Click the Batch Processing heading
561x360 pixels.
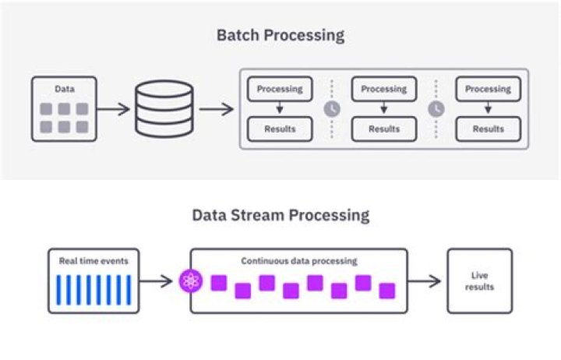coord(280,35)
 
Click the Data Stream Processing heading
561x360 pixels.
coord(280,214)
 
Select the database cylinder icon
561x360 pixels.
coord(164,109)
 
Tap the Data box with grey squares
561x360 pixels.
coord(64,109)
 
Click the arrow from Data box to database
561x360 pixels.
coord(114,109)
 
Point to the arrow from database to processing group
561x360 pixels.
coord(216,109)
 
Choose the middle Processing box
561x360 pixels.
coord(384,89)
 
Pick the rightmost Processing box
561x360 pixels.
coord(488,89)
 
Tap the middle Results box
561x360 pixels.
coord(384,129)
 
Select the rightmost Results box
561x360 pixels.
coord(488,129)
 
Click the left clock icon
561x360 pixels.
coord(332,109)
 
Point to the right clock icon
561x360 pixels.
coord(436,109)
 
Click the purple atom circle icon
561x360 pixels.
coord(191,281)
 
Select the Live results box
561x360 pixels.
coord(479,281)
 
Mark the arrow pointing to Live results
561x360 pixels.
coord(425,281)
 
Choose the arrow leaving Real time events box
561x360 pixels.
coord(156,281)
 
